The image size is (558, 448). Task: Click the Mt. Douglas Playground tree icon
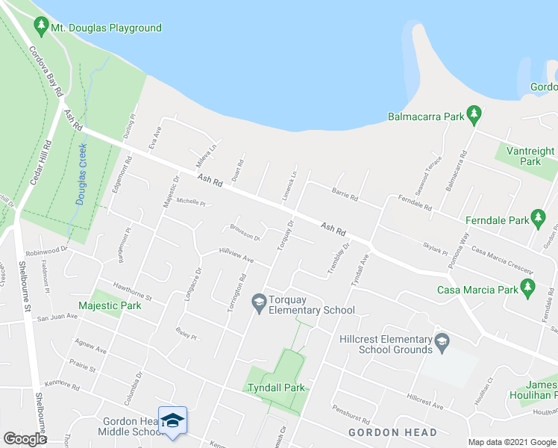pyautogui.click(x=41, y=28)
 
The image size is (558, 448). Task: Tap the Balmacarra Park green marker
pyautogui.click(x=472, y=116)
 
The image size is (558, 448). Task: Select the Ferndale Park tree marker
pyautogui.click(x=537, y=220)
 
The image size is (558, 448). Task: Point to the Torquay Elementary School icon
pyautogui.click(x=259, y=302)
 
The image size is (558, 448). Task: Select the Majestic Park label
pyautogui.click(x=110, y=305)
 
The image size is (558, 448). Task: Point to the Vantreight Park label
pyautogui.click(x=530, y=156)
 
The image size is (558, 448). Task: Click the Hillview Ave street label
pyautogui.click(x=237, y=255)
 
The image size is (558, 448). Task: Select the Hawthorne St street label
pyautogui.click(x=132, y=291)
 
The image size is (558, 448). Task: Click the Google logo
pyautogui.click(x=25, y=439)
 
